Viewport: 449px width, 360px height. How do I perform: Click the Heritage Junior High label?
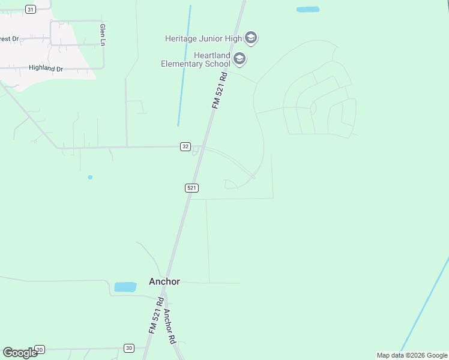203,39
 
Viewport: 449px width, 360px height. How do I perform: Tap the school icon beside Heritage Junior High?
251,39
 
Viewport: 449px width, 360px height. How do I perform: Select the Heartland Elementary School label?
196,59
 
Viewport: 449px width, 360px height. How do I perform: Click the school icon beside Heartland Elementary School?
240,59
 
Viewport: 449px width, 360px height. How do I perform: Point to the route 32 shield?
185,147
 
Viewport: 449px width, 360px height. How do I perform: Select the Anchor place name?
164,281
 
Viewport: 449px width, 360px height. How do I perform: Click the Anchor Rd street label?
169,326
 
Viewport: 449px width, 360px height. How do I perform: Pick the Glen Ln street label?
103,35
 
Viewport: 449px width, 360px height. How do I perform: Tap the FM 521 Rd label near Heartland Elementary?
219,90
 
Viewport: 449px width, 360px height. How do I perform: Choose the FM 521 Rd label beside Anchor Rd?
155,316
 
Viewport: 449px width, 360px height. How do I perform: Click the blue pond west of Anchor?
125,287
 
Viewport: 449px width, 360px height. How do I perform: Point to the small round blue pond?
90,177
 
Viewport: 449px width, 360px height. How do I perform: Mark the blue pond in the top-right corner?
308,10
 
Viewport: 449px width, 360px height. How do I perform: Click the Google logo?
19,353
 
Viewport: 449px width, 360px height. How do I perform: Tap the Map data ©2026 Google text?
412,355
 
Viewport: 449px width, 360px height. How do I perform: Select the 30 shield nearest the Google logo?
40,349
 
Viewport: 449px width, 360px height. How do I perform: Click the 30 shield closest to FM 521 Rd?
129,348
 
